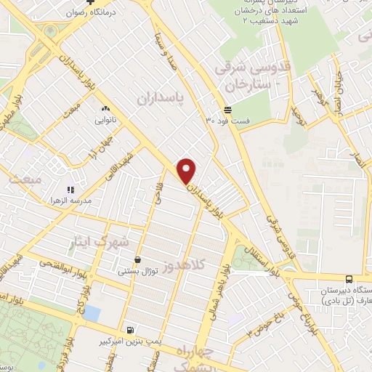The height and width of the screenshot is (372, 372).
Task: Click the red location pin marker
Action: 187,171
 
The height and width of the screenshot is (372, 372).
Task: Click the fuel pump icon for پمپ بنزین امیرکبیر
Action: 129,329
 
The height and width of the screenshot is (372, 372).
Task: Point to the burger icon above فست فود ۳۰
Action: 228,109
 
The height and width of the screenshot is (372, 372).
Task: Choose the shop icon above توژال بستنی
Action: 137,259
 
